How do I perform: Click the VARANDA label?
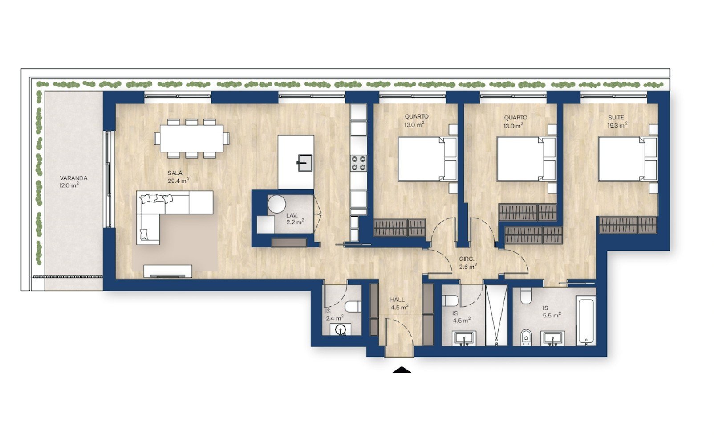point(73,178)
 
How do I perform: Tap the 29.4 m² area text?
point(178,181)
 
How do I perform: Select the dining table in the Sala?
point(191,139)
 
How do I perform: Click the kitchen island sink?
point(305,163)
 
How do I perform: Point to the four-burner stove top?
point(359,163)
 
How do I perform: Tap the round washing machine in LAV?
point(276,204)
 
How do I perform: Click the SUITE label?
point(616,117)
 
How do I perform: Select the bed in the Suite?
point(627,159)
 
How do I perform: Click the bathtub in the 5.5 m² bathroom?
point(586,321)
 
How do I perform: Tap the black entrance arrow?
point(402,370)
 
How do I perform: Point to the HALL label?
point(397,300)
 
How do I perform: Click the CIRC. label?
point(467,259)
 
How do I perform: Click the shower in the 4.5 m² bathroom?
point(496,315)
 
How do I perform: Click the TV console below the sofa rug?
point(168,271)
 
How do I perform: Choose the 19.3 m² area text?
point(617,125)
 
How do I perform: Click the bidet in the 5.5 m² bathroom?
point(526,337)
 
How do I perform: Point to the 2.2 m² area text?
point(295,222)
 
